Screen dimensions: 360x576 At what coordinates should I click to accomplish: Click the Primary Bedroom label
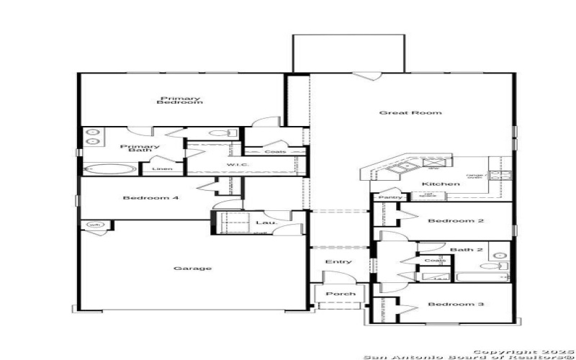coord(180,101)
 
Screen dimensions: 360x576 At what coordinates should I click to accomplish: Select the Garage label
coord(192,269)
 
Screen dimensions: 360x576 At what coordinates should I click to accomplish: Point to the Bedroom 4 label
coord(150,198)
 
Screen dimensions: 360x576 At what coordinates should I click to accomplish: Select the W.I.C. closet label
coord(238,165)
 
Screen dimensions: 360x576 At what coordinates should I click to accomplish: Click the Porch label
coord(341,294)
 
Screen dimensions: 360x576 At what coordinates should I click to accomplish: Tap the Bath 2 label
coord(462,250)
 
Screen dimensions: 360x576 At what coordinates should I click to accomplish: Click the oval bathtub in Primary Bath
coord(110,169)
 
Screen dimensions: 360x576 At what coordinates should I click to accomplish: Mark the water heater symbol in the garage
coord(94,225)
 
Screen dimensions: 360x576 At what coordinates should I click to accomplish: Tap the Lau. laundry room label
coord(262,223)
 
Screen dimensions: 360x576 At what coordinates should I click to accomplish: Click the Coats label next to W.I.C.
coord(275,152)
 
